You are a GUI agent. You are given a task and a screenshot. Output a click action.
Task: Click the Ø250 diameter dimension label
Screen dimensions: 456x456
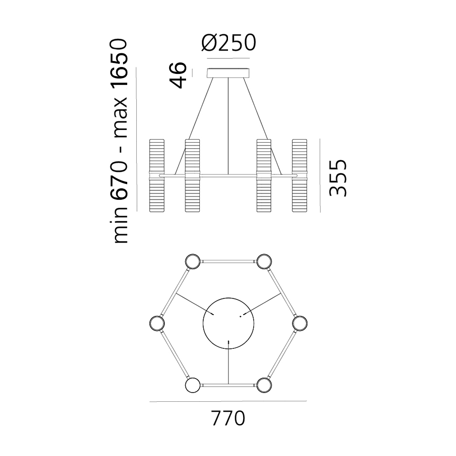tap(228, 43)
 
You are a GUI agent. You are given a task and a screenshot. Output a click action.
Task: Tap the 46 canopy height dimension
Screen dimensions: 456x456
tap(178, 75)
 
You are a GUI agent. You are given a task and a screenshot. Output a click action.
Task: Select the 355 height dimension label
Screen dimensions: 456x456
tap(338, 178)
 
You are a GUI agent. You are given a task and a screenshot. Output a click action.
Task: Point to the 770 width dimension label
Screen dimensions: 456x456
tap(228, 418)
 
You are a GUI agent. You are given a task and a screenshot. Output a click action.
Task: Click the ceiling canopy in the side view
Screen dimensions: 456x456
tap(228, 73)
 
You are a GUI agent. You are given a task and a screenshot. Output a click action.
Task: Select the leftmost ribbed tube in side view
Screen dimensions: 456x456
tap(157, 176)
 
